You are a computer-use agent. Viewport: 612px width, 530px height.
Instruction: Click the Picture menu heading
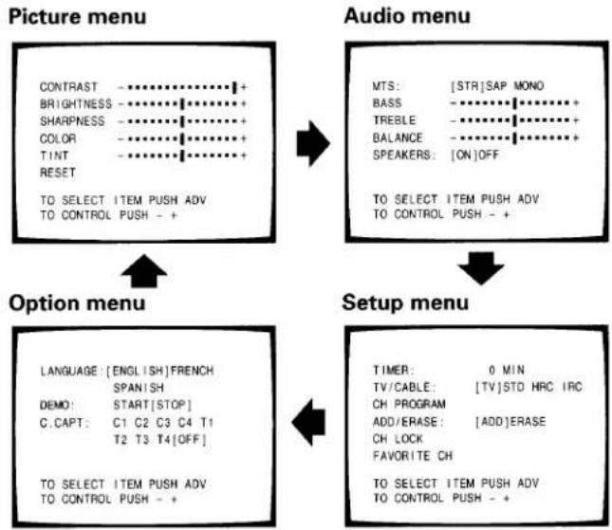(x=77, y=17)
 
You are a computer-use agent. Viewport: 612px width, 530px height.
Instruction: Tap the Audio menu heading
(x=407, y=16)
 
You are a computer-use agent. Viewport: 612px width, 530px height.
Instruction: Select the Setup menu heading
(x=405, y=302)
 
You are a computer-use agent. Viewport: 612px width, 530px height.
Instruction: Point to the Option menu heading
(x=77, y=303)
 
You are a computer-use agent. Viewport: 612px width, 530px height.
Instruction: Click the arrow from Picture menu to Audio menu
(x=313, y=143)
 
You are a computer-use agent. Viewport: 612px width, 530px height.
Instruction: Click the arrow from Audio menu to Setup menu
(x=481, y=268)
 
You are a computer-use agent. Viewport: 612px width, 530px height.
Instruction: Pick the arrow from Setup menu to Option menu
(x=308, y=422)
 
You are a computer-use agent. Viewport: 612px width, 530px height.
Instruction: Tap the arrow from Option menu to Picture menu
(x=144, y=271)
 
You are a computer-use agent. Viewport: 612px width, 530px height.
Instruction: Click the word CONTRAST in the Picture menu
(x=68, y=87)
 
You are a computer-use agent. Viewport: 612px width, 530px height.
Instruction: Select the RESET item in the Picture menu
(x=57, y=173)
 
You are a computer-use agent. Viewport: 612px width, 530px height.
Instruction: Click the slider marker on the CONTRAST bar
(x=234, y=87)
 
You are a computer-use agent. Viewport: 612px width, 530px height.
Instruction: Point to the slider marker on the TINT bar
(x=182, y=155)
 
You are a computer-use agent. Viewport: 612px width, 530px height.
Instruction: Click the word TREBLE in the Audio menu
(x=394, y=120)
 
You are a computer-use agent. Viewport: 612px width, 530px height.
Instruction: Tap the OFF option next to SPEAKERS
(x=489, y=155)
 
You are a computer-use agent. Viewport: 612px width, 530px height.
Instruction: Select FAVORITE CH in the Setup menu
(x=413, y=456)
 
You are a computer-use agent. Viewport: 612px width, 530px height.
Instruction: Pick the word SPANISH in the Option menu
(x=139, y=388)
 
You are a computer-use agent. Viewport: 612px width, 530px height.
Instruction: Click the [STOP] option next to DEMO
(x=172, y=405)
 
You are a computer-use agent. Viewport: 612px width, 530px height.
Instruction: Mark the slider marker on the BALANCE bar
(x=515, y=137)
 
